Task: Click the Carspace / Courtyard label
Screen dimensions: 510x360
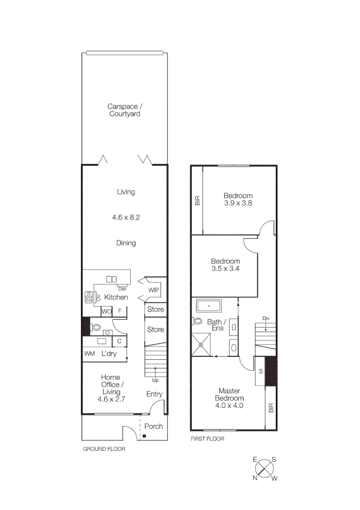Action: tap(125, 110)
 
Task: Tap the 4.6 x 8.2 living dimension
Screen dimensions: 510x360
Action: tap(126, 218)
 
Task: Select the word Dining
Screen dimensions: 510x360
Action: tap(126, 243)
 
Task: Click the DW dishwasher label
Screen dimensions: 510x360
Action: tap(122, 289)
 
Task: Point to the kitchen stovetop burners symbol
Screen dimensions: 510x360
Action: tap(88, 297)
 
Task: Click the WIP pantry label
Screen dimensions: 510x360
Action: tap(154, 290)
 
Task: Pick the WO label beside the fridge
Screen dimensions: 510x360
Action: tap(107, 311)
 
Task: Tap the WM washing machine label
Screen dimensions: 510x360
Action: tap(90, 354)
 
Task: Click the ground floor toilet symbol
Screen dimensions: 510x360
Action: tap(96, 327)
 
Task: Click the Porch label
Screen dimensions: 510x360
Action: tap(153, 426)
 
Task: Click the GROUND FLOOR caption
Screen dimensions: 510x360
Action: tap(104, 449)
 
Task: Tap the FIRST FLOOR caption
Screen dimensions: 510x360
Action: tap(208, 439)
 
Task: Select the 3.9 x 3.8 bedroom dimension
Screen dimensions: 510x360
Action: tap(238, 204)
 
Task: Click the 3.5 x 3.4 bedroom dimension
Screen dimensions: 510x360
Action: tap(225, 269)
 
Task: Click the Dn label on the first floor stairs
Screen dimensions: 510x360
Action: tap(266, 318)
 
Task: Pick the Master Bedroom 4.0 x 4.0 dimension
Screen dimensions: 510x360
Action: tap(229, 405)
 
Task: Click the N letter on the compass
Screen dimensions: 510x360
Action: tap(255, 478)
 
